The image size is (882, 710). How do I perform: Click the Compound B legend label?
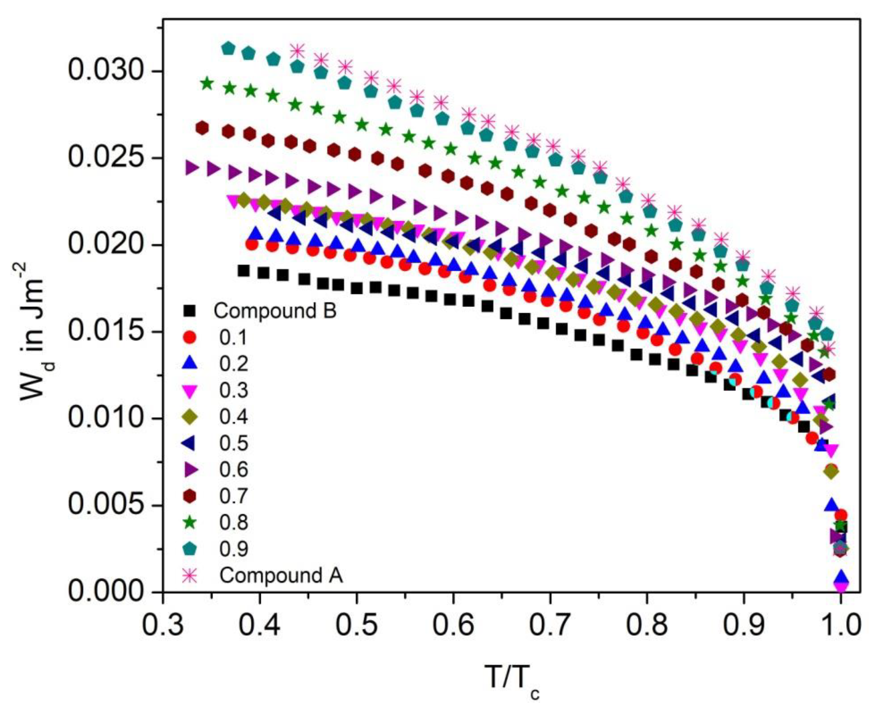coord(275,311)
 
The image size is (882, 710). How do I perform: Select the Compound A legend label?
coord(281,575)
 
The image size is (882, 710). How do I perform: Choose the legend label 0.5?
coord(234,443)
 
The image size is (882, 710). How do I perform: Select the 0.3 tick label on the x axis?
coord(163,625)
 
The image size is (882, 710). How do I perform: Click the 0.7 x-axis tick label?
coord(550,625)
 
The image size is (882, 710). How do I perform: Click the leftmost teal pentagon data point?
coord(228,48)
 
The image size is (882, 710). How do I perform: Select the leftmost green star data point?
coord(207,84)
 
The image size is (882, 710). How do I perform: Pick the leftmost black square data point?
coord(244,271)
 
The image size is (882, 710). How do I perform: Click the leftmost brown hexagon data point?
coord(202,128)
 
